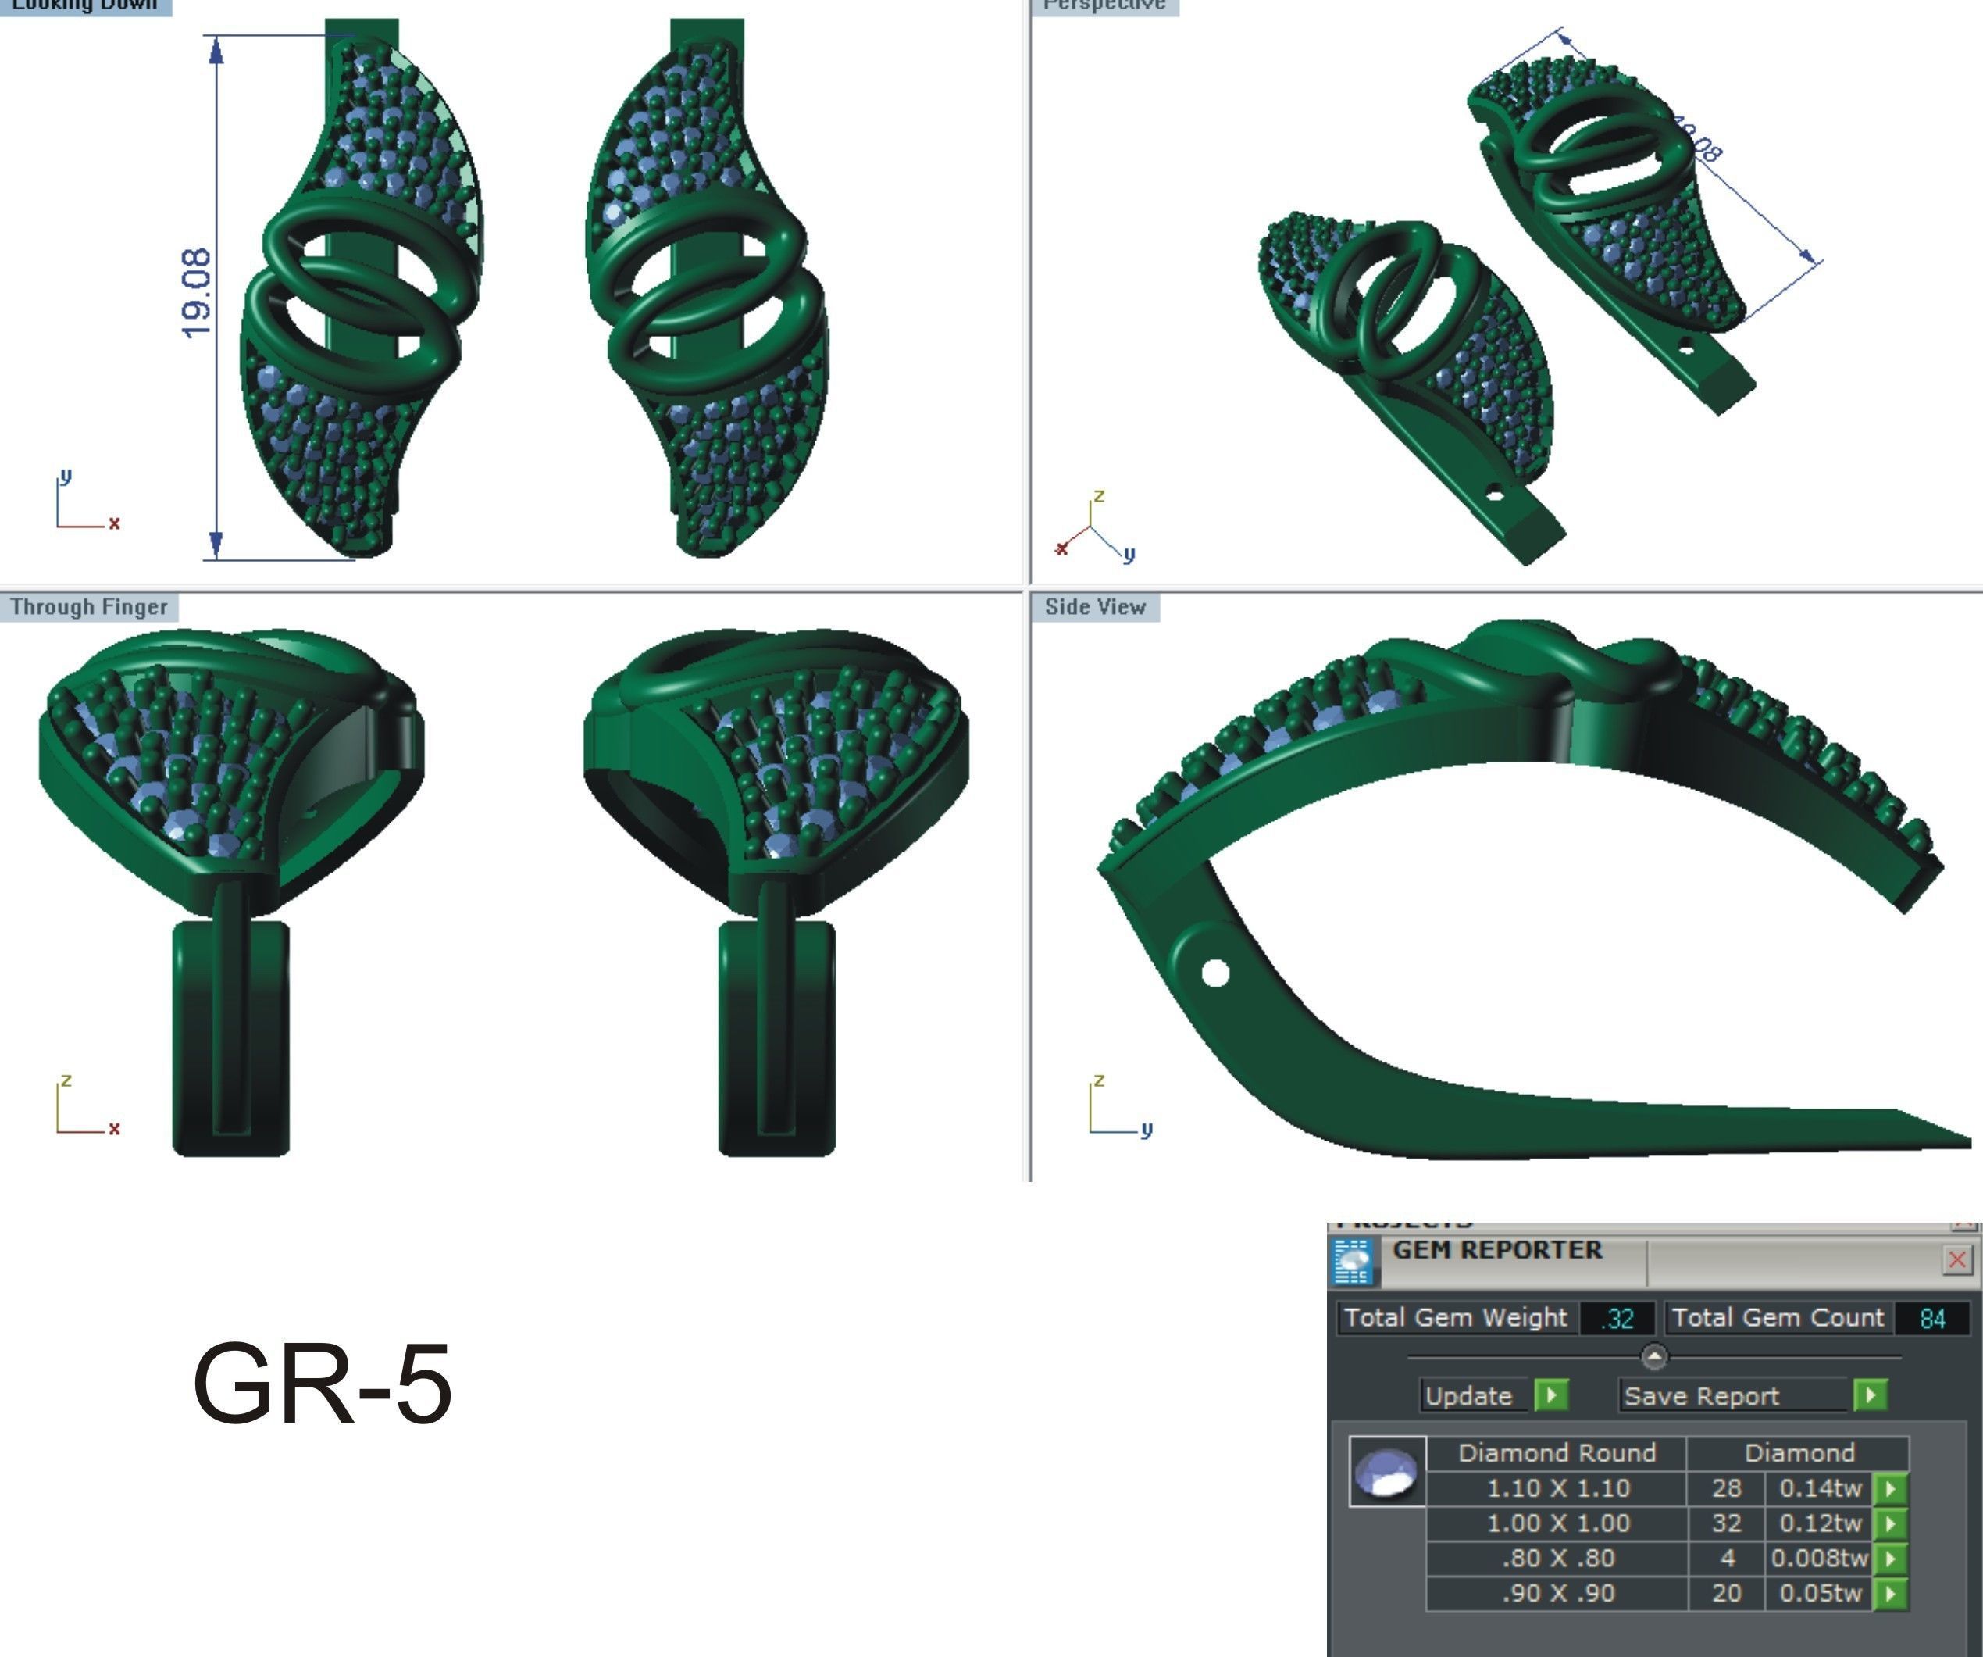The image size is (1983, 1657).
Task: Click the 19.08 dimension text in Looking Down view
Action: coord(195,293)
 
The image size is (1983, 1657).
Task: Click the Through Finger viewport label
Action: coord(89,608)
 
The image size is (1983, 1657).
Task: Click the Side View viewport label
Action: coord(1094,608)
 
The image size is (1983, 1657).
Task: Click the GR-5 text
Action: coord(322,1384)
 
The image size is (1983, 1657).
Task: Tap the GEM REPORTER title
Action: coord(1496,1250)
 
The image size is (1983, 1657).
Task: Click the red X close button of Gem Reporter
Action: coord(1956,1259)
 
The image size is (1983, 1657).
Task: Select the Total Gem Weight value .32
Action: coord(1618,1318)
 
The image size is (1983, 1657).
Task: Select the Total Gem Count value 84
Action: coord(1932,1318)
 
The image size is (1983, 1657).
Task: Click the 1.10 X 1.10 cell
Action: coord(1558,1488)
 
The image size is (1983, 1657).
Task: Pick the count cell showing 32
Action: coord(1726,1523)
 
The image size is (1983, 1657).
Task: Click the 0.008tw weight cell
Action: coord(1819,1558)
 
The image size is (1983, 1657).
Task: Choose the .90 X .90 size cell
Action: coord(1558,1593)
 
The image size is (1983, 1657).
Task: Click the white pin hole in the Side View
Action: coord(1214,972)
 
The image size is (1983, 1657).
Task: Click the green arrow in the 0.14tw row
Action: coord(1889,1489)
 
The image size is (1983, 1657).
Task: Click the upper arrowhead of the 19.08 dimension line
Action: coord(216,49)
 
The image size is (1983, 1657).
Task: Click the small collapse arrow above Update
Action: coord(1654,1356)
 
